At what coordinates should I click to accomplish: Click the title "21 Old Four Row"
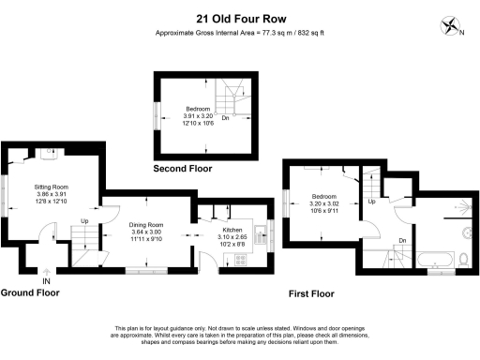(x=240, y=17)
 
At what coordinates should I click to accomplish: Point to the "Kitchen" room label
(x=232, y=230)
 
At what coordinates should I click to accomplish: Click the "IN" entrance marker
(x=46, y=279)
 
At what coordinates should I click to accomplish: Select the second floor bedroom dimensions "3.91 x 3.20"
(x=197, y=115)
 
